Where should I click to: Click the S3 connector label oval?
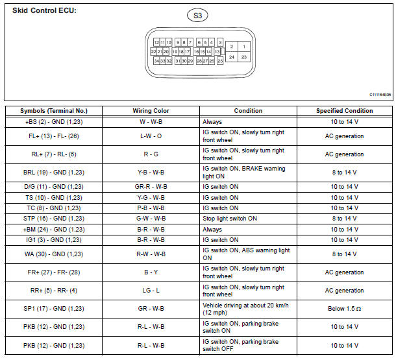pyautogui.click(x=197, y=15)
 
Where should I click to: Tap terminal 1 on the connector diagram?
pyautogui.click(x=243, y=47)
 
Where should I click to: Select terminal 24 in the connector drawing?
pyautogui.click(x=231, y=57)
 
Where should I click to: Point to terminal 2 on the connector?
pyautogui.click(x=231, y=47)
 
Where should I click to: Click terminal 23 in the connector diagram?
pyautogui.click(x=243, y=57)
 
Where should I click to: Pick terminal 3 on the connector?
pyautogui.click(x=220, y=42)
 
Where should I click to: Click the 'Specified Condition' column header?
pyautogui.click(x=344, y=111)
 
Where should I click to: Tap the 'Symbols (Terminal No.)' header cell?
pyautogui.click(x=53, y=111)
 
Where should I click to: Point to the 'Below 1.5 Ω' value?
pyautogui.click(x=344, y=309)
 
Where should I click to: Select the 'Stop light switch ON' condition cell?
pyautogui.click(x=230, y=219)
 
